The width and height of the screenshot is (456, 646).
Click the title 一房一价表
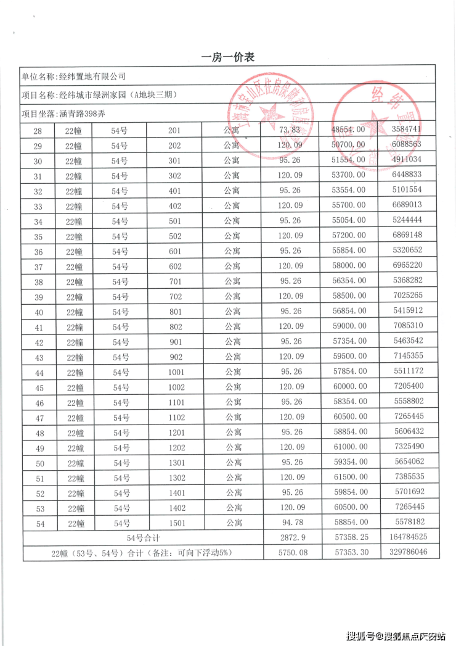(x=227, y=57)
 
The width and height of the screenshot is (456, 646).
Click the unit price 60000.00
(x=349, y=387)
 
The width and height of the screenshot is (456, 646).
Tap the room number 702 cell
(x=174, y=297)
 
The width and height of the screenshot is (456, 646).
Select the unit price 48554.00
(x=349, y=130)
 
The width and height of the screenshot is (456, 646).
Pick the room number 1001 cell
(x=174, y=372)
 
